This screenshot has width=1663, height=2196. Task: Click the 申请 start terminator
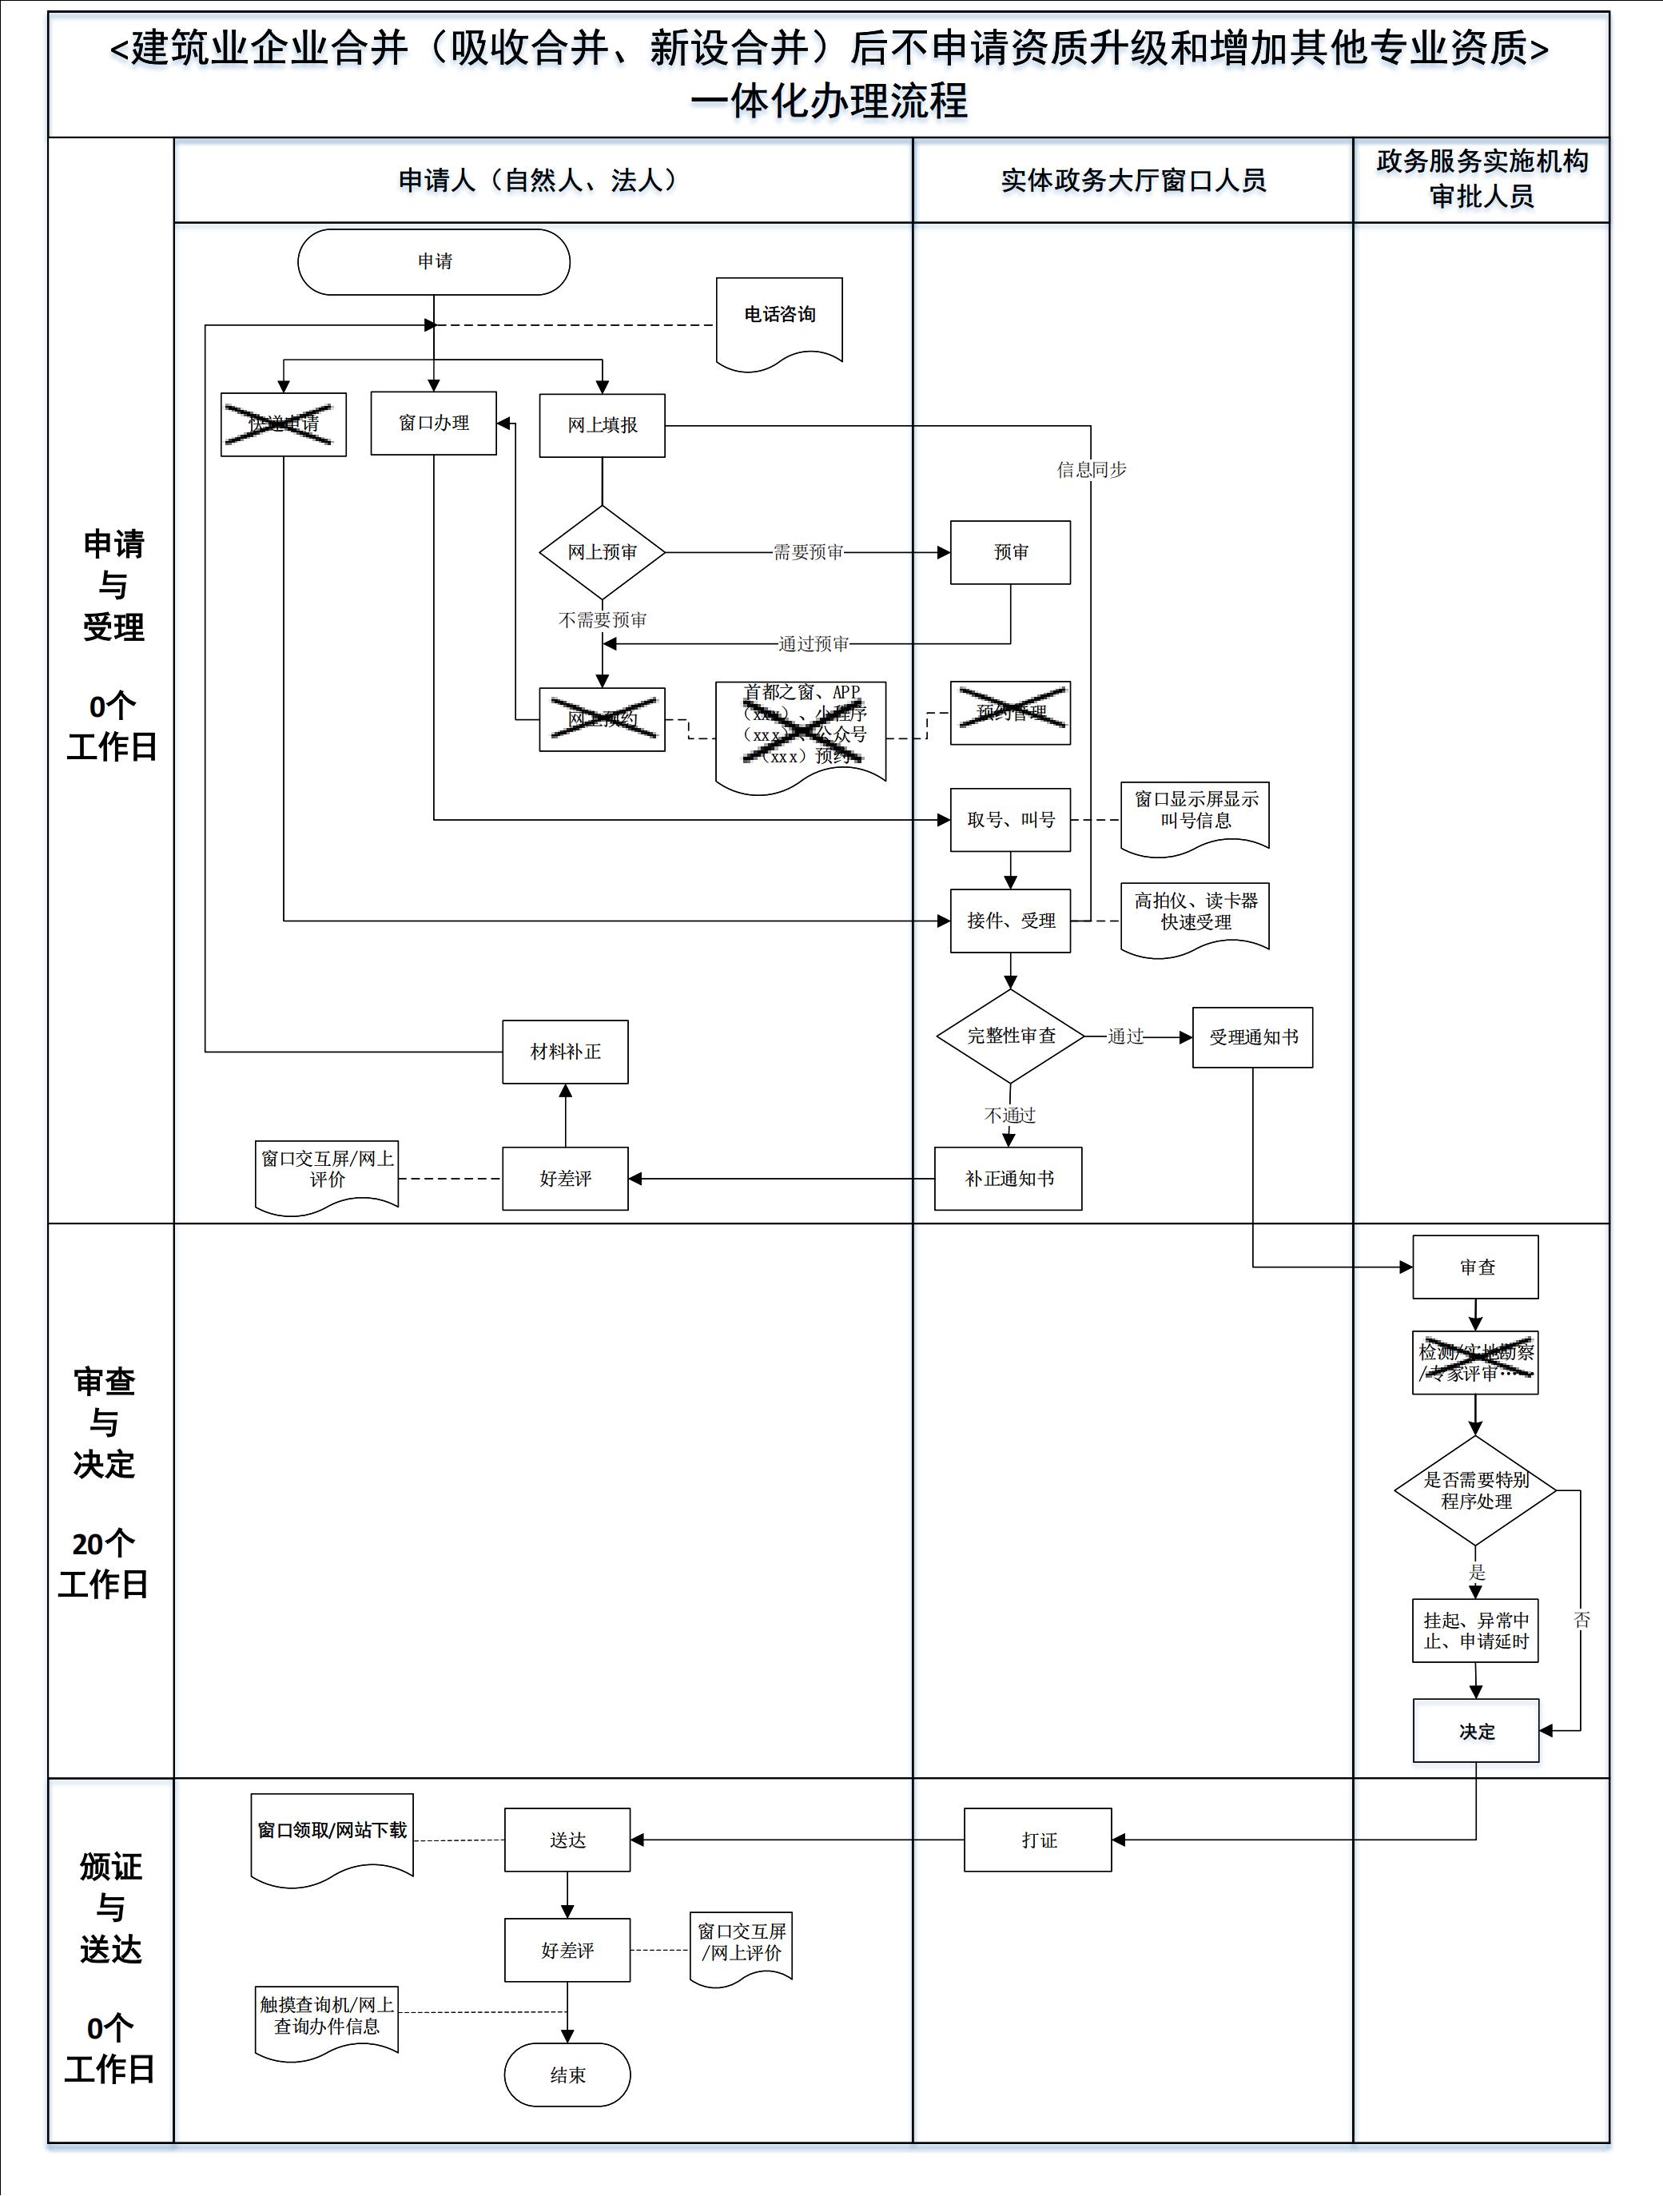click(x=434, y=262)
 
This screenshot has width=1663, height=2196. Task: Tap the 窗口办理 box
click(x=434, y=424)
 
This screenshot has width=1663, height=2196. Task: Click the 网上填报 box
click(x=602, y=426)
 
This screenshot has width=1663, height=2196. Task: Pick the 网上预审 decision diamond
click(x=602, y=552)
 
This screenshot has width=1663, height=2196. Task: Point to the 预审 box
click(x=1010, y=552)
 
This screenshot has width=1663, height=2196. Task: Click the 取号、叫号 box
click(x=1010, y=820)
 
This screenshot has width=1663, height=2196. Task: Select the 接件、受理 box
click(x=1010, y=921)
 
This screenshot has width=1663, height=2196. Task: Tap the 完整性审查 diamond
click(x=1010, y=1036)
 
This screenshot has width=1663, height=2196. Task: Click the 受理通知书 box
click(x=1252, y=1037)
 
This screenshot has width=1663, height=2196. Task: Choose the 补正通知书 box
click(x=1008, y=1180)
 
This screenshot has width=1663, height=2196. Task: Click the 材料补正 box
click(x=565, y=1052)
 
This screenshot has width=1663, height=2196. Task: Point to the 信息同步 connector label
click(x=1091, y=470)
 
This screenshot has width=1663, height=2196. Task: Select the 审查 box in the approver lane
click(x=1475, y=1267)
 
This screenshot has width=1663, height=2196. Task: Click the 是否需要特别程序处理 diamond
click(x=1474, y=1491)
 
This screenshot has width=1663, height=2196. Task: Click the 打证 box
click(x=1037, y=1840)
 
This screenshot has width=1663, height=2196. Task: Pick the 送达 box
click(x=567, y=1840)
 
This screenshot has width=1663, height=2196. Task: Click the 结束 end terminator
click(x=567, y=2075)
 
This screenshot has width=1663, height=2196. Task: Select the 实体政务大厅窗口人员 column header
click(x=1133, y=181)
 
